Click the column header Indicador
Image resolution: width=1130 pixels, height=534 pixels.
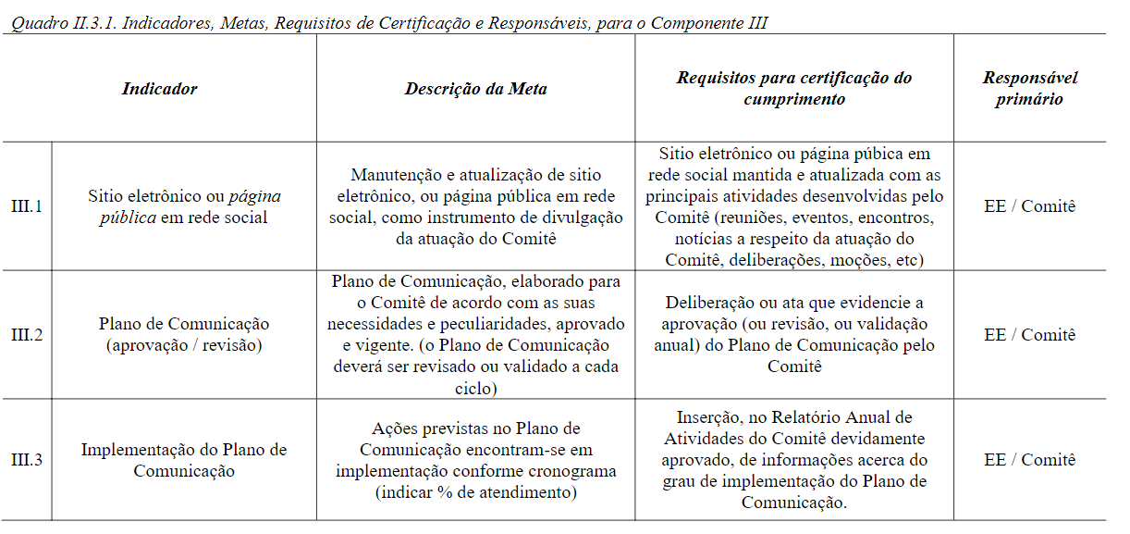[x=159, y=89]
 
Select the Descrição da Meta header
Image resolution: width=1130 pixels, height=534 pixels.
[x=475, y=89]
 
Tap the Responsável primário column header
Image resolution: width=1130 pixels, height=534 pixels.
[x=1029, y=89]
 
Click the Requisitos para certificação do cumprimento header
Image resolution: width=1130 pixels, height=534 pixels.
[x=793, y=89]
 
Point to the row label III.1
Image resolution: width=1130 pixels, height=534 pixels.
[x=27, y=206]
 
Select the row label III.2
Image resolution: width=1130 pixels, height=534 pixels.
[x=27, y=335]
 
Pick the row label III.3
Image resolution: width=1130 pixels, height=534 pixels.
[x=27, y=460]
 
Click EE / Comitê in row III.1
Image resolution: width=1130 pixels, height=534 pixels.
[x=1029, y=206]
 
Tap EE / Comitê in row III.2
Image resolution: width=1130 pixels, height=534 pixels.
[x=1029, y=335]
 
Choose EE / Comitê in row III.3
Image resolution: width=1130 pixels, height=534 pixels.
[x=1029, y=460]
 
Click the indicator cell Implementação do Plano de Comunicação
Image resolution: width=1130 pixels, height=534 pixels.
[x=184, y=460]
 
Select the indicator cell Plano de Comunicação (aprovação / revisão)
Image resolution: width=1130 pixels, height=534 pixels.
[x=184, y=335]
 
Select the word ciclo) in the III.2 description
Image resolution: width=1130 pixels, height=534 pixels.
[x=475, y=389]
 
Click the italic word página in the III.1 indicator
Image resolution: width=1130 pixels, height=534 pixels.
[x=254, y=196]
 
